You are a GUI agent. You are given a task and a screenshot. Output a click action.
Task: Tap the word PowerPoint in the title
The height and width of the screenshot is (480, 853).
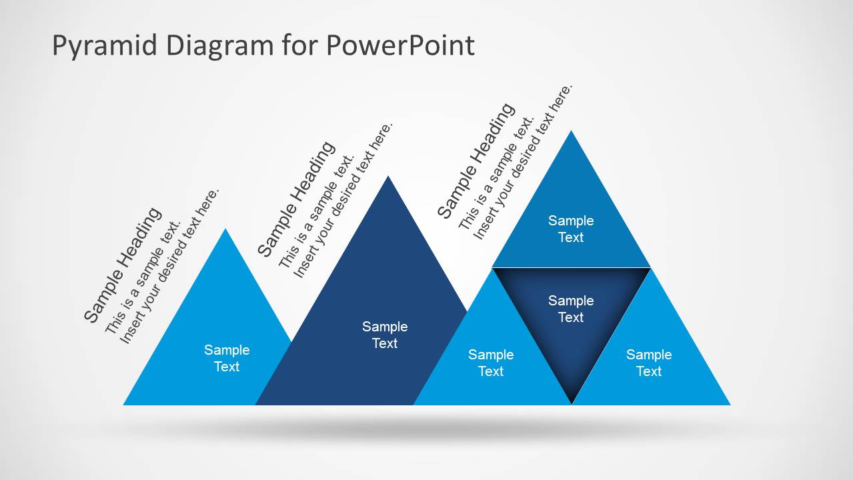pos(400,45)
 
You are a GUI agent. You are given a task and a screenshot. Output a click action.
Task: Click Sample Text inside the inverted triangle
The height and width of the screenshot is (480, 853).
pos(571,309)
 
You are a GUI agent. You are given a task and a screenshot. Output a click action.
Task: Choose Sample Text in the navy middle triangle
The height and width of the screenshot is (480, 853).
pos(385,335)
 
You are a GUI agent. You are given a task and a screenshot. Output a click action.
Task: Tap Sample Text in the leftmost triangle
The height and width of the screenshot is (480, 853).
pos(227,358)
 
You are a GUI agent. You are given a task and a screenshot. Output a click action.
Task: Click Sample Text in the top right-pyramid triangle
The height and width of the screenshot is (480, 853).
pos(571,229)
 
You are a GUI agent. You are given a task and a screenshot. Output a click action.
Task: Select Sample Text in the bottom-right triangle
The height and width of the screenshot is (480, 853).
pos(649,363)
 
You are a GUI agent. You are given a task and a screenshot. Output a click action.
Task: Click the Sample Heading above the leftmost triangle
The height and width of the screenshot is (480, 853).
pos(123,265)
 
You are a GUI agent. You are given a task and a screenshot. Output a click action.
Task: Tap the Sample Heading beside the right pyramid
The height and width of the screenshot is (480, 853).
pos(476,160)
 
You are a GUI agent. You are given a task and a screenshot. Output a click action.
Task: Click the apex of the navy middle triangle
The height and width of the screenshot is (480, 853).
pos(388,177)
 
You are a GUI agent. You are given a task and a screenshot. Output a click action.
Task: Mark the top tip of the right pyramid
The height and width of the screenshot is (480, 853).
pos(571,132)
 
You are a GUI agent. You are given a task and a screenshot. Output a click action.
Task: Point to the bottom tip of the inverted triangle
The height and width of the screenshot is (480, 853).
pos(572,402)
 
